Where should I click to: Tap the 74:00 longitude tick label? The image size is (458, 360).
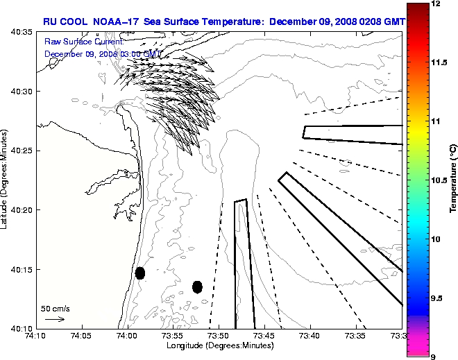click(x=127, y=336)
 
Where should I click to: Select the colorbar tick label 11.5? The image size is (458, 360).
click(x=439, y=62)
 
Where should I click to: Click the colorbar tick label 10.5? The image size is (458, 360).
click(x=439, y=180)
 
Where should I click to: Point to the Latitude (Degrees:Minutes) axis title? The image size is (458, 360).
click(x=5, y=180)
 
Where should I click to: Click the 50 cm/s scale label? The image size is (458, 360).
click(x=56, y=308)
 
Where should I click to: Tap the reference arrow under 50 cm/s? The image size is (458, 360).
click(x=55, y=319)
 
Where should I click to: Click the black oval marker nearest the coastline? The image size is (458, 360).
click(x=140, y=273)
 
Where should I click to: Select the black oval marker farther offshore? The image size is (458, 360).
click(x=197, y=286)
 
